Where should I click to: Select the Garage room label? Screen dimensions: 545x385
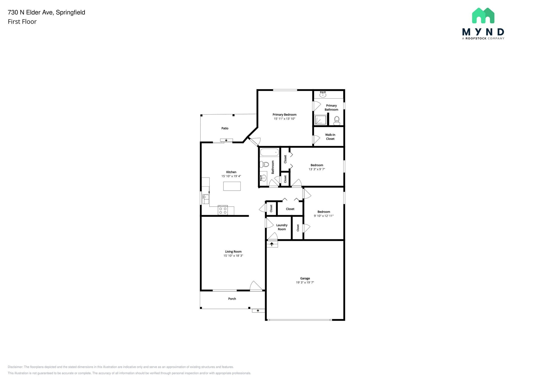point(305,278)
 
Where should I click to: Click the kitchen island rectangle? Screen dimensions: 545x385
point(232,186)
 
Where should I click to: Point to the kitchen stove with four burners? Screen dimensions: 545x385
point(223,211)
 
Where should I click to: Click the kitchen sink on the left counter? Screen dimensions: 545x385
point(205,199)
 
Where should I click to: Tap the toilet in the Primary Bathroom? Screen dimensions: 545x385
point(337,121)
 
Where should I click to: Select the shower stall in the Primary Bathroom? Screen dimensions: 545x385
point(321,120)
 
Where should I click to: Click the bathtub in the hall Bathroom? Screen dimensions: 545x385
point(269,152)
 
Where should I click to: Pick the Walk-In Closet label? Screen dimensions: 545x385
point(330,137)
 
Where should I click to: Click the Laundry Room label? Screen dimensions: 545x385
point(282,227)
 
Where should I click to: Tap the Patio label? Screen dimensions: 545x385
point(225,128)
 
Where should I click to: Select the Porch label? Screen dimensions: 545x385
point(232,299)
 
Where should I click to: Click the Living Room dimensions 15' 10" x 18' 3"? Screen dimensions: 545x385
point(233,256)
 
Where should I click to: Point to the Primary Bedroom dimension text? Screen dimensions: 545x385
point(284,119)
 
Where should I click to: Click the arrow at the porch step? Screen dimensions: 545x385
point(258,311)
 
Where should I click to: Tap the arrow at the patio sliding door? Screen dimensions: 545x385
point(226,140)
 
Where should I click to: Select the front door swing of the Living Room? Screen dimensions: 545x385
point(256,286)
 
